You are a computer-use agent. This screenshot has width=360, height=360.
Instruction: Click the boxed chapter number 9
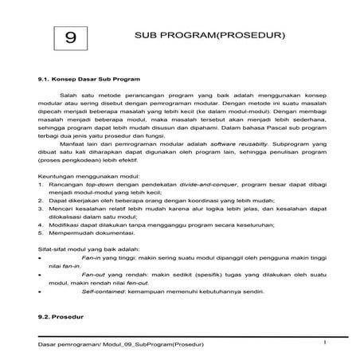coord(70,37)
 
